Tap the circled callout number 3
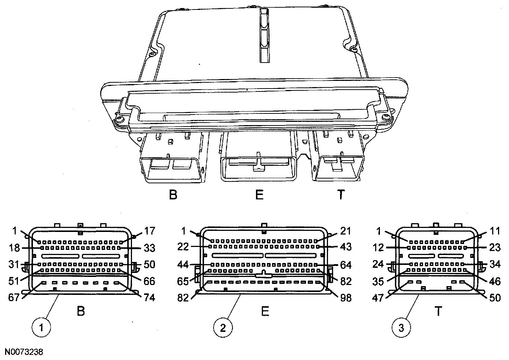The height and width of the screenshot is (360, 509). coord(401,328)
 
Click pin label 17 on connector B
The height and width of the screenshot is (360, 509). coord(149,231)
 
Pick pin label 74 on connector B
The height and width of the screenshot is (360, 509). coord(149,297)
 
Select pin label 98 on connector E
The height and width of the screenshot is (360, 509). coord(345,298)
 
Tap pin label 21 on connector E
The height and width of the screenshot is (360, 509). coord(345,231)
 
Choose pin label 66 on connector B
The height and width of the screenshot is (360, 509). coord(149,281)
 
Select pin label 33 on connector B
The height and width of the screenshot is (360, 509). coord(149,248)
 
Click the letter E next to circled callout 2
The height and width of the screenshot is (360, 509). coord(265,311)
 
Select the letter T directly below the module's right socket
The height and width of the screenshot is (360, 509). coord(340,195)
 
